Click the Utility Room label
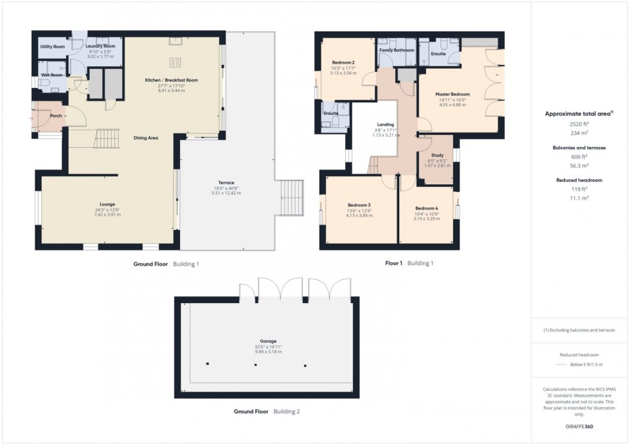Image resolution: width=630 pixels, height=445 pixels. [53, 47]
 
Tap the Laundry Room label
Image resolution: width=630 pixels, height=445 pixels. [100, 47]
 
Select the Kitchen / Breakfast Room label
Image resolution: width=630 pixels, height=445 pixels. [171, 80]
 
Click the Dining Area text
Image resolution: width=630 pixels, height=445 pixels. [145, 137]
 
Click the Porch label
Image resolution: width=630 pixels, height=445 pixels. [56, 107]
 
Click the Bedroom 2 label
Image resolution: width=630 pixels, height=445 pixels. [343, 62]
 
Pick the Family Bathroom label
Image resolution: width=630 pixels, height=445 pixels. [397, 50]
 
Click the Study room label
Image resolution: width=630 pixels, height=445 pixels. [436, 155]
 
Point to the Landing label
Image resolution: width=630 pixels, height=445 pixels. [386, 125]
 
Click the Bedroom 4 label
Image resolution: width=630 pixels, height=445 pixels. [426, 208]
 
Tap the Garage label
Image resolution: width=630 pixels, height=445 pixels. [268, 341]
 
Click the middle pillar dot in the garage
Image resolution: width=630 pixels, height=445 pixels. [255, 365]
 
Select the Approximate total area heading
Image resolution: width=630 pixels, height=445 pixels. [578, 114]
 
